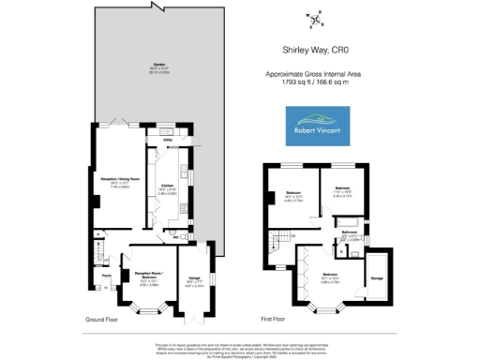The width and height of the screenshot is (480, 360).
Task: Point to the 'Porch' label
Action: (107, 277)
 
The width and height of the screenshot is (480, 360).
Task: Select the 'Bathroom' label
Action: (349, 232)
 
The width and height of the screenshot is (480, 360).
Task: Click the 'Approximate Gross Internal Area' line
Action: (315, 74)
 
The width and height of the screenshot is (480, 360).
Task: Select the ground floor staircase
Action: (97, 251)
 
